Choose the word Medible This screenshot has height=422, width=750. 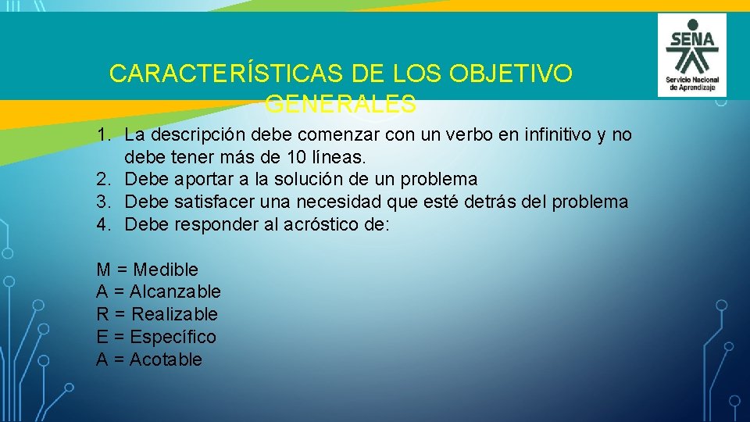tap(166, 270)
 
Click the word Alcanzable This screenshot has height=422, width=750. tap(175, 292)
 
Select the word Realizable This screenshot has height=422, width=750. tap(175, 314)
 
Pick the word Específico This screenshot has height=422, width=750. tap(173, 337)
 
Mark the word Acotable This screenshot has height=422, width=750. tap(166, 359)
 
